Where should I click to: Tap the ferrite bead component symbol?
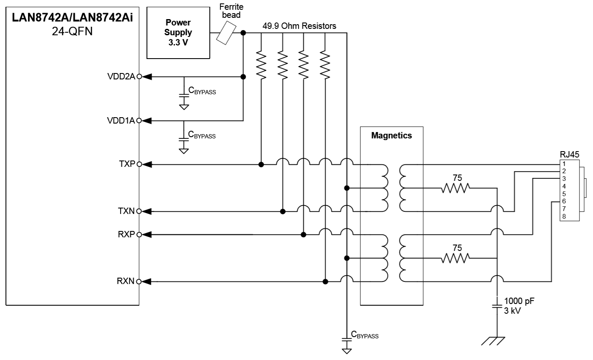click(226, 33)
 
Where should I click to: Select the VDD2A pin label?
click(121, 76)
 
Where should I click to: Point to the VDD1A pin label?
click(121, 121)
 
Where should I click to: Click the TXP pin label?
click(127, 164)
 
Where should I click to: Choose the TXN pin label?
click(126, 211)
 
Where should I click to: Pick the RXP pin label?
click(126, 234)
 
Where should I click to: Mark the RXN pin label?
click(125, 281)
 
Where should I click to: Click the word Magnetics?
click(392, 135)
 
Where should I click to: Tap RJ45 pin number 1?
click(564, 164)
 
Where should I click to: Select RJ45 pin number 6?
click(564, 201)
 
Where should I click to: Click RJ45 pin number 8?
click(564, 217)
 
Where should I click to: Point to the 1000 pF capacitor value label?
click(519, 301)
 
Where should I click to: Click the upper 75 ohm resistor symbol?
click(455, 188)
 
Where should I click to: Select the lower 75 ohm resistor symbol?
click(455, 258)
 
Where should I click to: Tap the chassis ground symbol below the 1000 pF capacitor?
click(493, 341)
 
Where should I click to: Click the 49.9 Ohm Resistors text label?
click(299, 26)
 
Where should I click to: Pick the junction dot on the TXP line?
click(261, 165)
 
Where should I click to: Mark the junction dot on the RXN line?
click(325, 282)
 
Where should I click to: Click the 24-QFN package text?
click(72, 31)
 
